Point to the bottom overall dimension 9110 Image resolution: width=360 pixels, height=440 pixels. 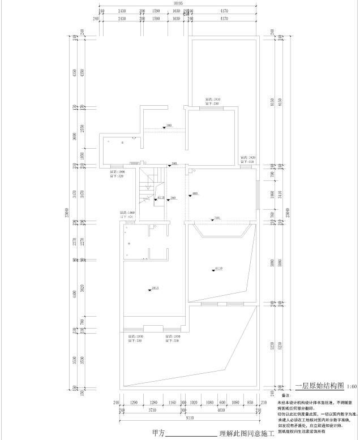click(188, 419)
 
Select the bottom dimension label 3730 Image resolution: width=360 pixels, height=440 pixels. click(152, 411)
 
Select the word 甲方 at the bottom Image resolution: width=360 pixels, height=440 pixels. click(160, 433)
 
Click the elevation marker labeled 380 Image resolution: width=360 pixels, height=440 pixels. click(167, 126)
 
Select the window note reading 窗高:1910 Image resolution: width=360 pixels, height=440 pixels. click(212, 99)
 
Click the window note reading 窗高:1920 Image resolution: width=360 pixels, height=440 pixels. click(248, 158)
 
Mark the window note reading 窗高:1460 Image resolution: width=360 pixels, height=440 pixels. click(127, 212)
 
